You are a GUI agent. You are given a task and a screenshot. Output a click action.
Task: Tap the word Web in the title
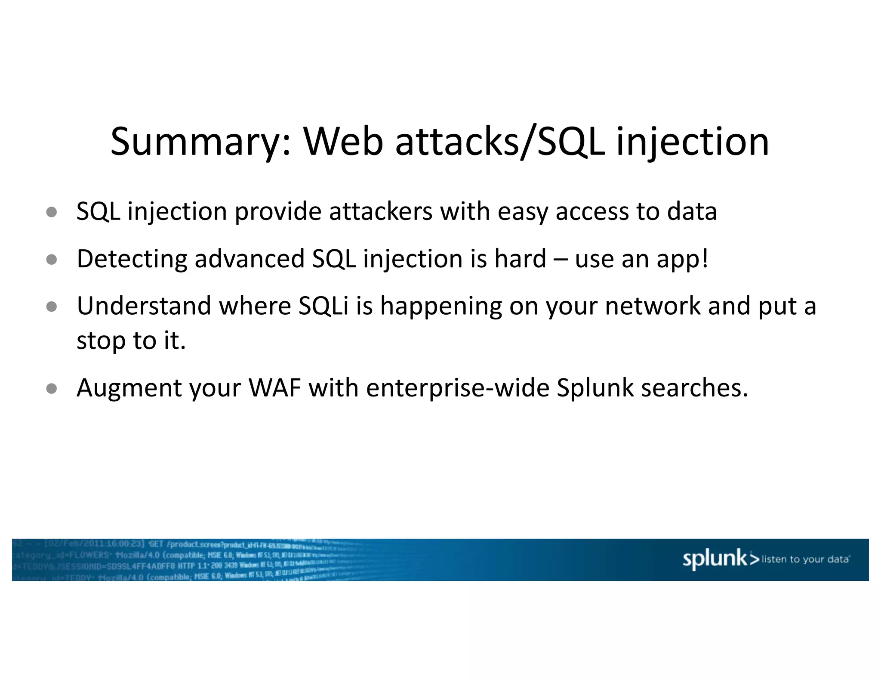[x=343, y=142]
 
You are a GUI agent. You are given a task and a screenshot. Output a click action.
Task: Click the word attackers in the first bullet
[x=380, y=212]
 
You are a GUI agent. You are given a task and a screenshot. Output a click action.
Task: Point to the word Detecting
[x=132, y=259]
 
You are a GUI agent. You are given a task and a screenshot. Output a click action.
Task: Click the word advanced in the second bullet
[x=250, y=259]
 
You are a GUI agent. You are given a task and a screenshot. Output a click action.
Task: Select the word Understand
[x=144, y=306]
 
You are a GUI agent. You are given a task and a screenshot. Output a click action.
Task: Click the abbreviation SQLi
[x=323, y=306]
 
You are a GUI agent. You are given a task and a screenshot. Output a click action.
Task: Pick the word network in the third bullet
[x=653, y=306]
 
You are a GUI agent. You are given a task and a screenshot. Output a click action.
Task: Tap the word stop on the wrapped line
[x=101, y=341]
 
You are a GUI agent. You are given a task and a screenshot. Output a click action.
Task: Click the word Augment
[x=129, y=388]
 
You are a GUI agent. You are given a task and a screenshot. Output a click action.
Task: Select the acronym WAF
[x=274, y=388]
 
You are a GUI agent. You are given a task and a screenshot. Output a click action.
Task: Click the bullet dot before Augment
[x=52, y=389]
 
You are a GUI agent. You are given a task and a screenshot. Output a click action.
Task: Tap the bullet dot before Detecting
[x=52, y=260]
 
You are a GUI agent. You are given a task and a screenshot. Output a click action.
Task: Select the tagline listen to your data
[x=805, y=560]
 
